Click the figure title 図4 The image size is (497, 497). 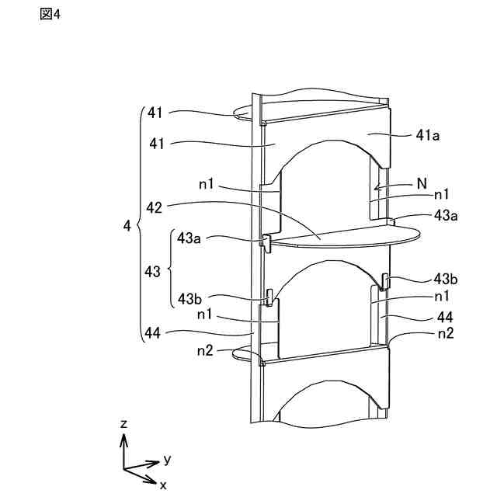[x=49, y=15]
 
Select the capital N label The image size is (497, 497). [x=422, y=183]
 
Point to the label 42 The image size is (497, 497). [x=154, y=207]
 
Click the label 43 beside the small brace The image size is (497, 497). [x=152, y=272]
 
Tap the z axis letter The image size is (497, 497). [x=123, y=424]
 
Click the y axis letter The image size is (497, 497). [x=167, y=459]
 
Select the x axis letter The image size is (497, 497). [x=163, y=484]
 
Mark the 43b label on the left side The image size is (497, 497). [x=190, y=298]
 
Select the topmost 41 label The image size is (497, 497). [x=155, y=113]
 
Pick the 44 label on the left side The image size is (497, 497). [x=152, y=333]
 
